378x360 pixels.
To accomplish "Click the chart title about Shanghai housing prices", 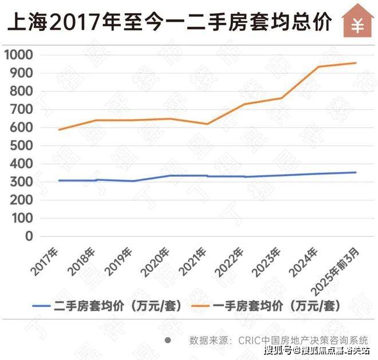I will (x=170, y=23).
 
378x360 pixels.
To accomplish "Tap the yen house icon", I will (x=358, y=21).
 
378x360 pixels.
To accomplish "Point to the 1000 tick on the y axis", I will (x=19, y=55).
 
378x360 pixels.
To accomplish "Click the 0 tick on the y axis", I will (x=29, y=236).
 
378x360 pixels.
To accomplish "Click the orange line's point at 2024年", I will (x=318, y=67).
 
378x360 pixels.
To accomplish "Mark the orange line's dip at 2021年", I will (x=207, y=124).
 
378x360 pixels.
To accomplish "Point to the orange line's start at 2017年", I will (x=58, y=130).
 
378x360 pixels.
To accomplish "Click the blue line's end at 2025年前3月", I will (x=356, y=172).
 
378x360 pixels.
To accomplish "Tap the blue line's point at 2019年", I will (x=133, y=181).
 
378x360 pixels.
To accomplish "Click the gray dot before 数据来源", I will (x=168, y=339).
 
